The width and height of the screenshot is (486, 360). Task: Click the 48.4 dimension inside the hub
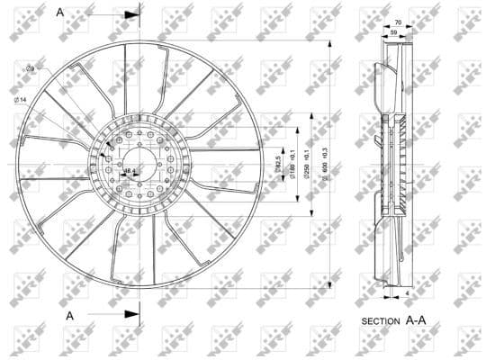tap(129, 170)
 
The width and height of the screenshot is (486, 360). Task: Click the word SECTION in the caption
tap(381, 320)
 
